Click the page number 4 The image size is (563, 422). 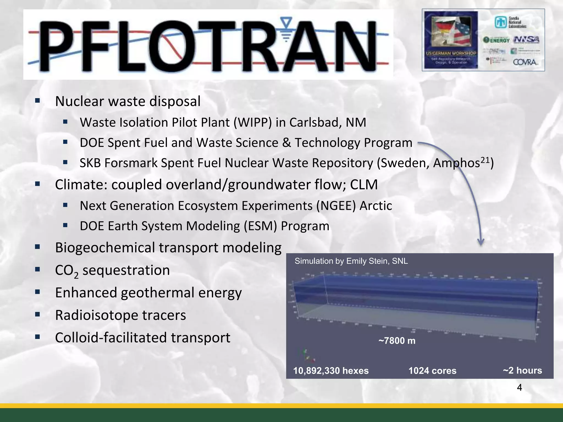(x=519, y=387)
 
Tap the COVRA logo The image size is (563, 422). (x=525, y=62)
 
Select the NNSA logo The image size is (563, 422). (x=526, y=40)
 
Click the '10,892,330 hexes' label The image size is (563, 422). (x=331, y=371)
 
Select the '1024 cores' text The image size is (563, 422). (x=432, y=371)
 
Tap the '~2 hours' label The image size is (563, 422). (x=522, y=370)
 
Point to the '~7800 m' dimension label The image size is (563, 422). (x=397, y=341)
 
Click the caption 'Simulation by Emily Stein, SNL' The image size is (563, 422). (x=351, y=261)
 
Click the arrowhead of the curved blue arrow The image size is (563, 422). (x=481, y=242)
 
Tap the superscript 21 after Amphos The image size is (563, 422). (x=485, y=160)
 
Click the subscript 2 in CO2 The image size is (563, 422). (x=76, y=275)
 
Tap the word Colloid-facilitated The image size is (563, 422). (x=111, y=338)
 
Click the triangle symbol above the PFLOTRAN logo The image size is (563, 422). (x=286, y=22)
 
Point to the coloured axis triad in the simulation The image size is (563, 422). (x=307, y=356)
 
